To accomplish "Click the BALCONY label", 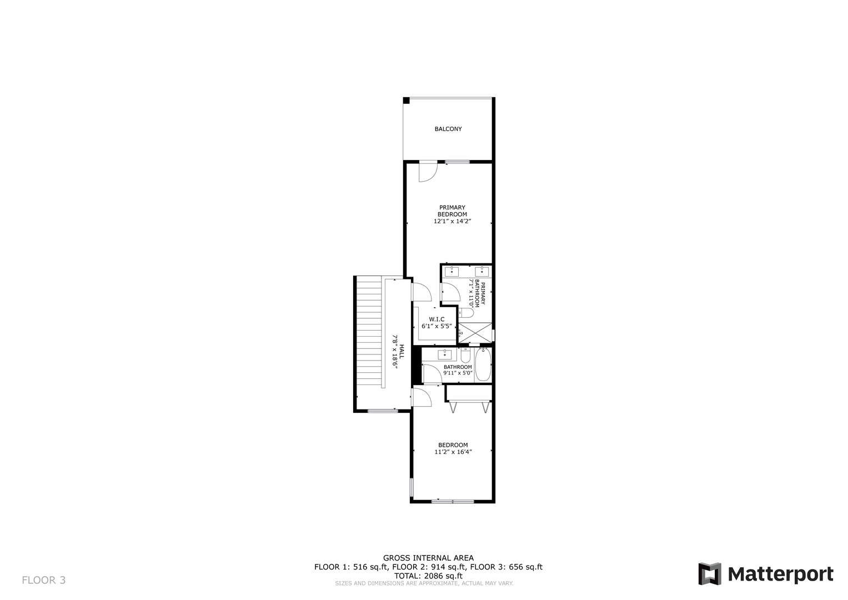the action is (x=448, y=129).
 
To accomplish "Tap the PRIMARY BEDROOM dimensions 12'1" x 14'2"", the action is (x=452, y=221).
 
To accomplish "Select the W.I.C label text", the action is (x=436, y=319).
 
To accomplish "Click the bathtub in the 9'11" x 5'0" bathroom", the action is (x=483, y=364).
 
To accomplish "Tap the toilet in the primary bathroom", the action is (x=466, y=313).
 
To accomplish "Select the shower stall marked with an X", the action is (x=475, y=333).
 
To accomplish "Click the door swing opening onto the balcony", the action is (x=428, y=172).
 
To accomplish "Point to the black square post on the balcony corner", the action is (x=406, y=101).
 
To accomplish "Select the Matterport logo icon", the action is (x=709, y=574).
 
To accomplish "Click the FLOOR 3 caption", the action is (x=43, y=580).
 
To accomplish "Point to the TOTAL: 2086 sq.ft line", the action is (x=428, y=576).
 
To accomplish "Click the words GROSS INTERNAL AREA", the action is (x=428, y=558).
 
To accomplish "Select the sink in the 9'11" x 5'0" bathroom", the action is (x=445, y=354).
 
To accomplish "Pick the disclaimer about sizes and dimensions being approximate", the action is (x=424, y=584).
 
